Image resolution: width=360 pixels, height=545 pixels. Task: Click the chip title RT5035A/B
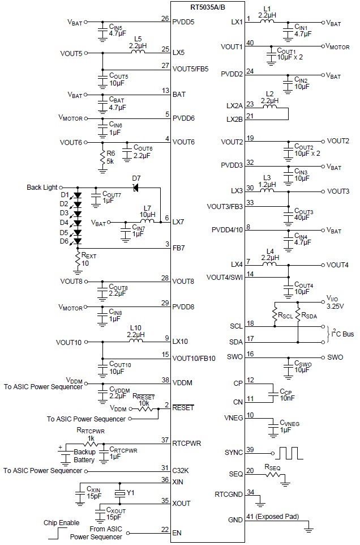(208, 6)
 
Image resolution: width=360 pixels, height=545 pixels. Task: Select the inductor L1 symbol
(268, 22)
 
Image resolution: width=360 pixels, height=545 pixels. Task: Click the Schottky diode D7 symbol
(136, 188)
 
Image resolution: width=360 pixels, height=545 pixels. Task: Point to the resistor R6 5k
(102, 156)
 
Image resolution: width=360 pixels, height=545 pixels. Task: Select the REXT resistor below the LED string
(78, 259)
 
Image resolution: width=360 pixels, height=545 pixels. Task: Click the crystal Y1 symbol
(119, 494)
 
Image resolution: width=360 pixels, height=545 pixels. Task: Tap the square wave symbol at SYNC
(289, 453)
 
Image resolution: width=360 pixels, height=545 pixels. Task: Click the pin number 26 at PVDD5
(165, 18)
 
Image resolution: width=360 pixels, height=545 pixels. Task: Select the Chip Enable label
(62, 522)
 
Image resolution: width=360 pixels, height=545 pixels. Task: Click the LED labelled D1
(77, 194)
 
